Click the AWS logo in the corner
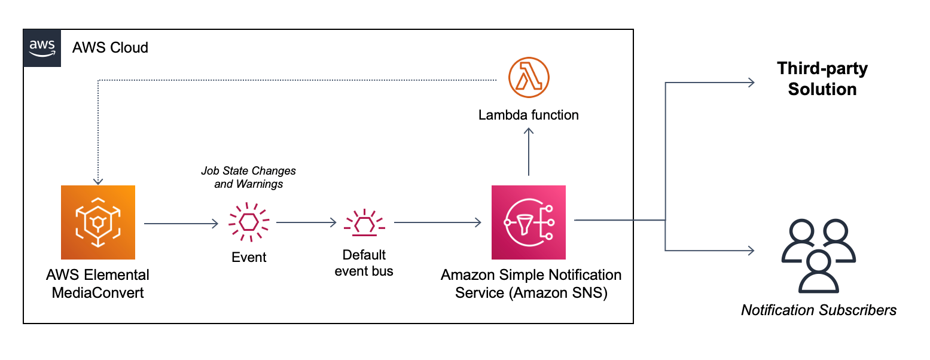[x=42, y=48]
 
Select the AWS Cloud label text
[x=110, y=48]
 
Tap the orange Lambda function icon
[x=528, y=78]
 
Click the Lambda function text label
[x=528, y=115]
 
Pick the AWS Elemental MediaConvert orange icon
[x=98, y=222]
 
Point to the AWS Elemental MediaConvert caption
[x=98, y=284]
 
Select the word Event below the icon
[x=249, y=258]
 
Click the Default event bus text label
[x=364, y=263]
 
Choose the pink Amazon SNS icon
[x=528, y=222]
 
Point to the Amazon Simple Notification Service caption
[x=531, y=284]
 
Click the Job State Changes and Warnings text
[x=249, y=178]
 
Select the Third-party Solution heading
[x=822, y=79]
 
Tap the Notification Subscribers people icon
[x=819, y=255]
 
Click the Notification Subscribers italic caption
[x=819, y=310]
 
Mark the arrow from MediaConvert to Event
[x=182, y=224]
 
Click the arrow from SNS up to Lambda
[x=529, y=152]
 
